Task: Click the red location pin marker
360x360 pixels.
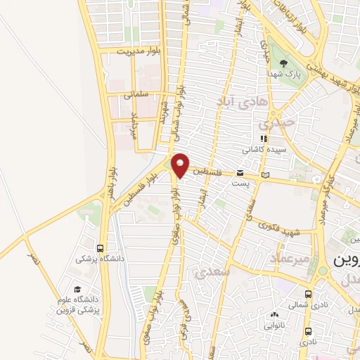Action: (x=181, y=165)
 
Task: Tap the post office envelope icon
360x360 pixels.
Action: (x=240, y=172)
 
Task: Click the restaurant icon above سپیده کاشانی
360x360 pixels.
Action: (x=264, y=139)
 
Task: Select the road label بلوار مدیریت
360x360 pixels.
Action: (x=140, y=51)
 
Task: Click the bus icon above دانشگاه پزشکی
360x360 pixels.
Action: (x=101, y=248)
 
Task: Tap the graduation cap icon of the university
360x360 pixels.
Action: (x=77, y=289)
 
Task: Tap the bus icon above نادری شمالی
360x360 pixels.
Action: (x=309, y=295)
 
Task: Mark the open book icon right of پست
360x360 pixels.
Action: (x=264, y=174)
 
